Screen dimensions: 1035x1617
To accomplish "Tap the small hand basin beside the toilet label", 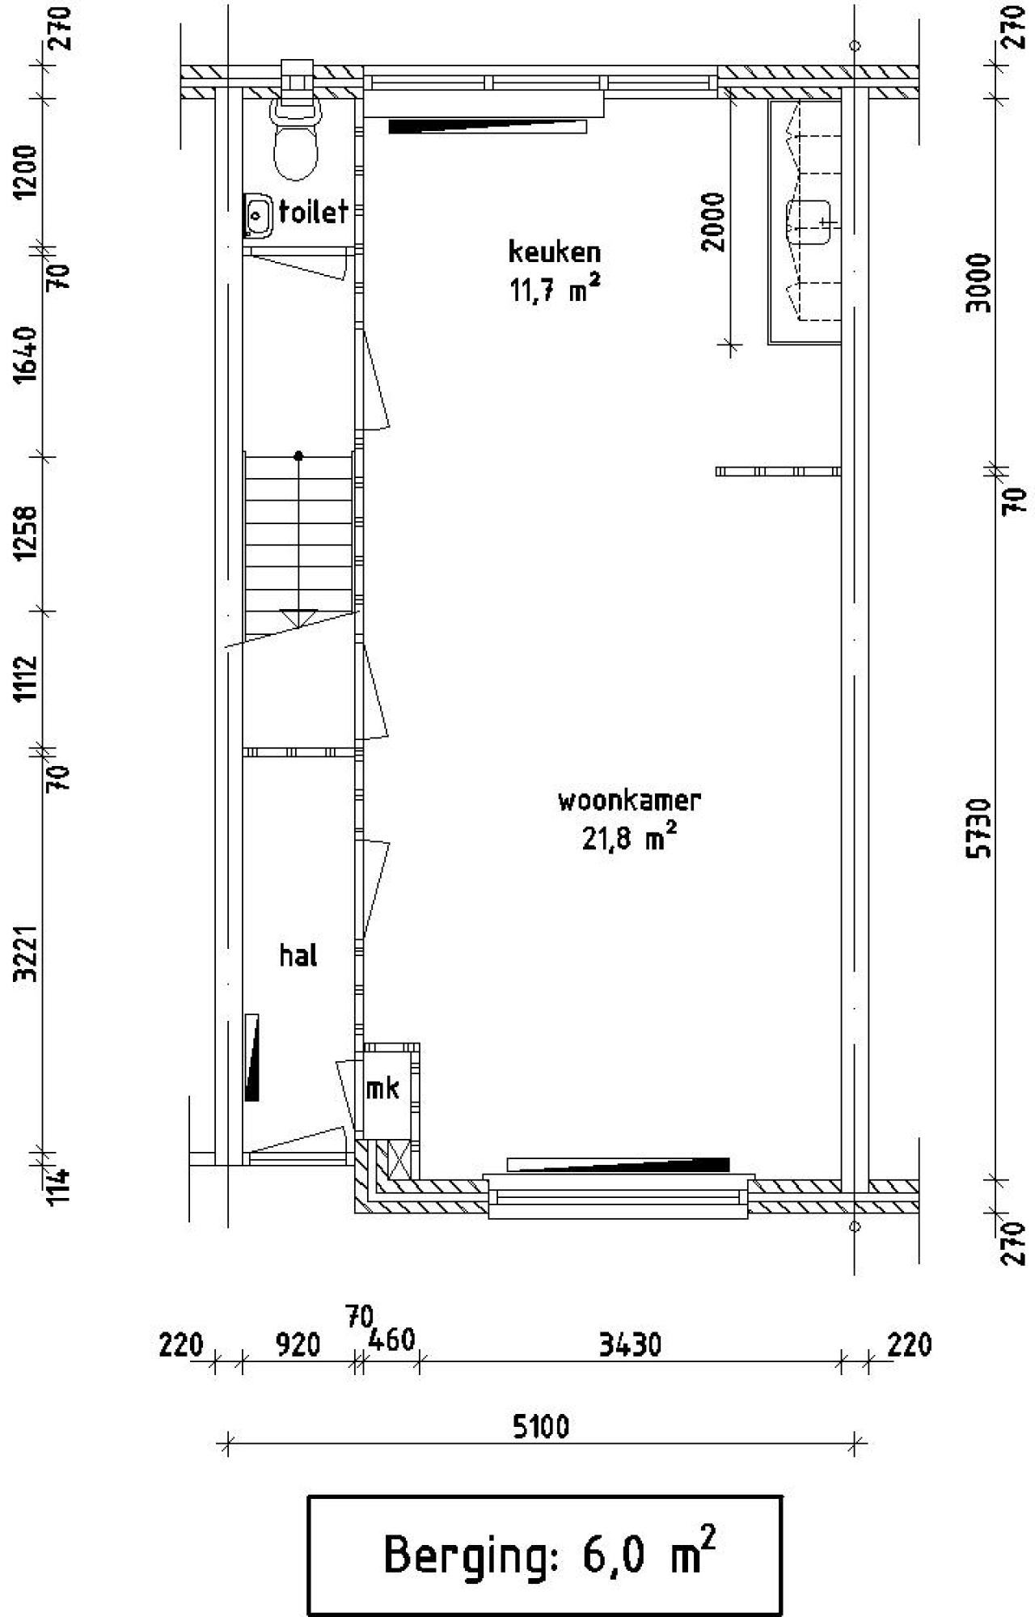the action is click(258, 215).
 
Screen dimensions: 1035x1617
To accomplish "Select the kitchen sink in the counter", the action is click(809, 222).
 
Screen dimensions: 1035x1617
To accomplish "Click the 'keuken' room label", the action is click(555, 252).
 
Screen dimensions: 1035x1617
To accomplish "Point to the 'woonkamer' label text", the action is click(629, 800).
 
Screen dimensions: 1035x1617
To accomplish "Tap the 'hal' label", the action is click(298, 955).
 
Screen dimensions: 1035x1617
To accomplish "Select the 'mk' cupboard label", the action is click(382, 1089).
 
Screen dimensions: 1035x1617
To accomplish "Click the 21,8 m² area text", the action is click(629, 838).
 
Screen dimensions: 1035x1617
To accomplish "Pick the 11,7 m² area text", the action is click(555, 289).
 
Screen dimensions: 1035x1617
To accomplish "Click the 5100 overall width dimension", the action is click(541, 1426).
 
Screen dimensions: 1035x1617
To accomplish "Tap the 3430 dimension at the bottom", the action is click(630, 1345).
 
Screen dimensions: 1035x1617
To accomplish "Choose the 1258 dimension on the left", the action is click(27, 532).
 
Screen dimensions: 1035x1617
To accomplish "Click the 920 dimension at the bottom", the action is click(298, 1345).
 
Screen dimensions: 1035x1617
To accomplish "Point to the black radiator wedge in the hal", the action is click(252, 1056).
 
